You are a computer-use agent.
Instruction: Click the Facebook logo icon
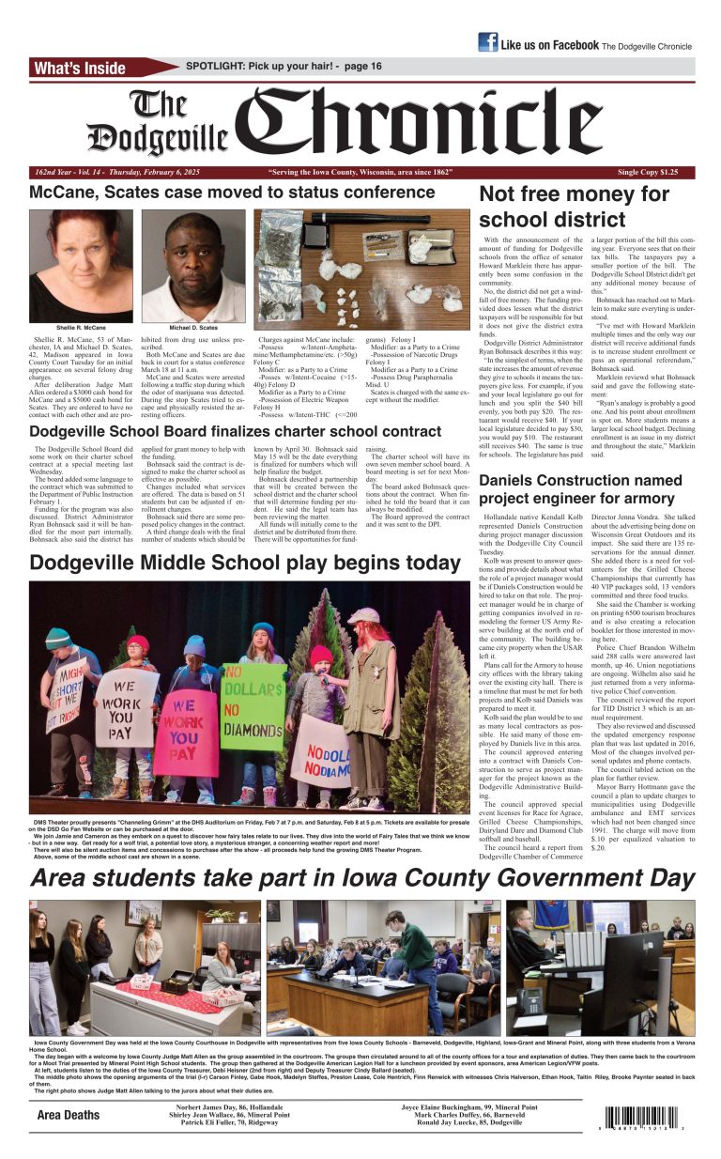(487, 42)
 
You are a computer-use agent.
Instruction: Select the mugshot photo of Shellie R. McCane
(81, 266)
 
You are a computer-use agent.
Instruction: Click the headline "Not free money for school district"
(574, 207)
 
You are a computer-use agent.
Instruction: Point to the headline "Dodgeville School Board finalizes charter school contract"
(235, 432)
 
